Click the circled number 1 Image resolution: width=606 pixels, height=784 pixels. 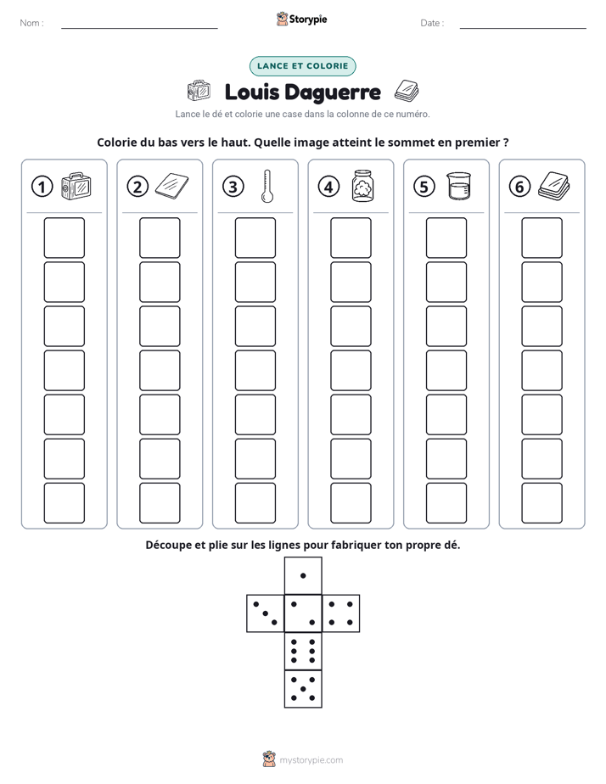coord(42,187)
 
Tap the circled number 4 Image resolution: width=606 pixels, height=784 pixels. coord(328,187)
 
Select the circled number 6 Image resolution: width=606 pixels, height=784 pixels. coord(519,187)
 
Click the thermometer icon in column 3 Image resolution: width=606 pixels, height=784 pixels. coord(267,186)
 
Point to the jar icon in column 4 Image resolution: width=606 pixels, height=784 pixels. coord(363,186)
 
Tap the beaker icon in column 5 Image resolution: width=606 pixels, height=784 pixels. coord(458,186)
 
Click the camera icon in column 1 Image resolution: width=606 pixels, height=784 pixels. coord(76,186)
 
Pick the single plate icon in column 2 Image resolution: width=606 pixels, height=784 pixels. coord(172,186)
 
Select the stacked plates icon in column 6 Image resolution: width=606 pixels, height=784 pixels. coord(554,186)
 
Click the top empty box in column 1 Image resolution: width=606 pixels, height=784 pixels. coord(65,238)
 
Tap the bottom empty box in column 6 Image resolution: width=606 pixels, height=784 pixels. coord(542,503)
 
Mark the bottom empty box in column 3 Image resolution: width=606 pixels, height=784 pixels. coord(255,503)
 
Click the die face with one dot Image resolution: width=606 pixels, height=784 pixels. coord(303,575)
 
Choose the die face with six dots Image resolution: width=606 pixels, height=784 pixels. coord(303,651)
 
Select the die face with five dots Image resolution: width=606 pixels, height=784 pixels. coord(303,689)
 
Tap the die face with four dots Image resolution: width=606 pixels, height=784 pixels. coord(341,613)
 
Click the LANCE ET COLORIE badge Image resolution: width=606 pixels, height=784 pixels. coord(302,66)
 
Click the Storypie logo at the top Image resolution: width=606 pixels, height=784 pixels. coord(302,19)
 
